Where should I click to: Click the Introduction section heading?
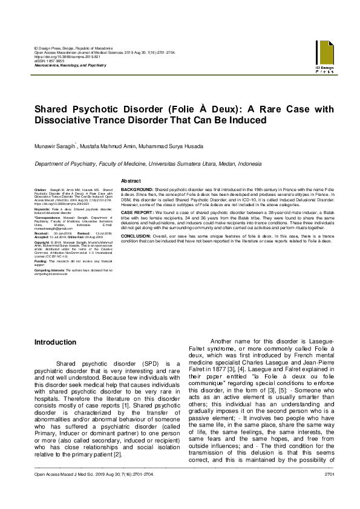point(55,342)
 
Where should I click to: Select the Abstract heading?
point(131,181)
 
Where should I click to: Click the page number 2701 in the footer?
point(329,491)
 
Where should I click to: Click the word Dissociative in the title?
point(65,120)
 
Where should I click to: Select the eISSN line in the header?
point(49,61)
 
